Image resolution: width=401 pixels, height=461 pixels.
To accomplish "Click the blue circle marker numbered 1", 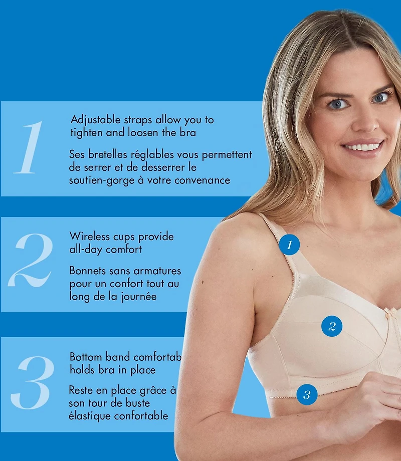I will click(289, 245).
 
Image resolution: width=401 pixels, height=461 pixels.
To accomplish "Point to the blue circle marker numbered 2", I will click(332, 326).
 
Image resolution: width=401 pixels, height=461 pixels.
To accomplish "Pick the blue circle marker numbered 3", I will click(307, 394).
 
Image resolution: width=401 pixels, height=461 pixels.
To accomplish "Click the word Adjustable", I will click(95, 120).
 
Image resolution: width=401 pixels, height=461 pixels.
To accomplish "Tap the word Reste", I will click(81, 390).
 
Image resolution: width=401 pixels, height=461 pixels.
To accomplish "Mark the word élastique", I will click(88, 416).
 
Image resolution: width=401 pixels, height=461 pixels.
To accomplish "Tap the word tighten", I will click(86, 133).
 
